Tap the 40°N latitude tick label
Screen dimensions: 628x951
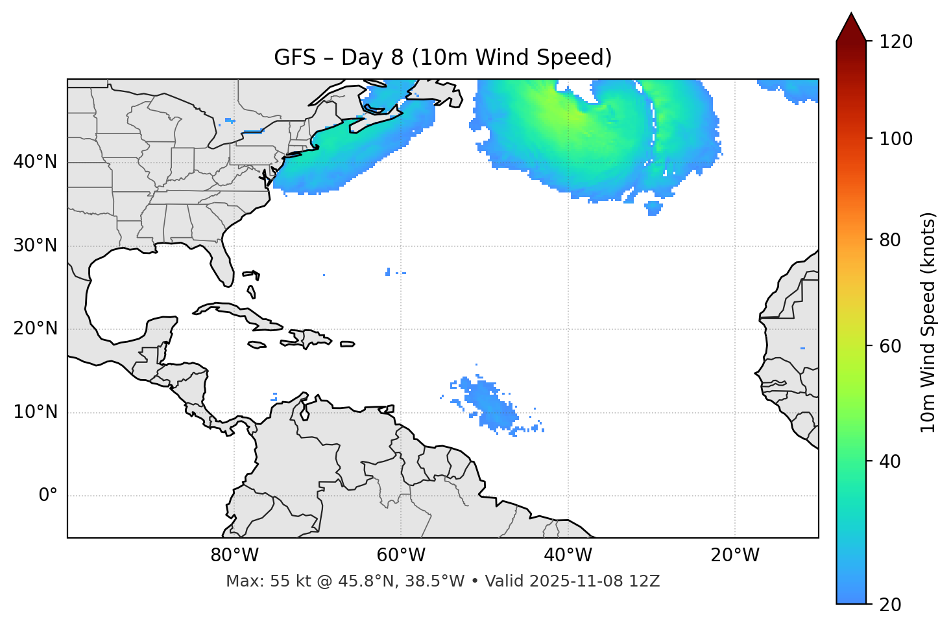click(35, 162)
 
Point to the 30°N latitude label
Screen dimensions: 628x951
click(35, 246)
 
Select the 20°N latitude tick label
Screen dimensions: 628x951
click(35, 329)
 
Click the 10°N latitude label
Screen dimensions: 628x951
click(35, 412)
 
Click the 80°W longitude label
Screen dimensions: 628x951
click(234, 555)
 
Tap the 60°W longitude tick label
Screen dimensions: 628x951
click(401, 555)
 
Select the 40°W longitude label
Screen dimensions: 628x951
click(568, 555)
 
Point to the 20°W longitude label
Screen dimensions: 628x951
click(734, 555)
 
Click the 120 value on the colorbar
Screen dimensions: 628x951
click(896, 42)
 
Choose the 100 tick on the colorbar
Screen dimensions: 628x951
click(896, 139)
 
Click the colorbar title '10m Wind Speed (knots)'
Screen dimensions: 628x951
click(928, 322)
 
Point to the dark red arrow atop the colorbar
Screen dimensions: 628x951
click(851, 29)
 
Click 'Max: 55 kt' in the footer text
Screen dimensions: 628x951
click(254, 581)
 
